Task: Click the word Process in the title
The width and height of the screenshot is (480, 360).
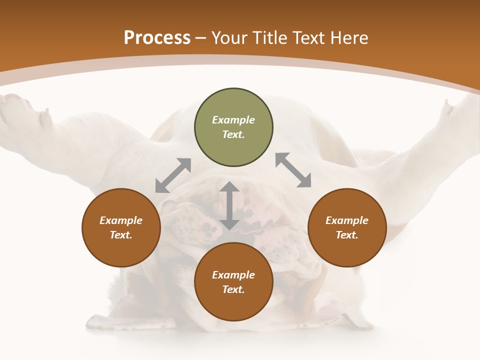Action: click(157, 38)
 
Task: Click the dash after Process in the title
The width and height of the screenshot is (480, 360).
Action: click(201, 39)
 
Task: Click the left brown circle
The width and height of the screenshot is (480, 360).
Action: click(121, 227)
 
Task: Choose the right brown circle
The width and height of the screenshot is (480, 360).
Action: click(347, 227)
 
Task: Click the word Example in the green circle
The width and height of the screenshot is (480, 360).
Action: click(233, 120)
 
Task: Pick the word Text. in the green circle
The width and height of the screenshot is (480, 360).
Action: click(233, 134)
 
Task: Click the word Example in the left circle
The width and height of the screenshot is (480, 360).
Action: click(121, 220)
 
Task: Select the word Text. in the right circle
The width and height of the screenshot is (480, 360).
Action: click(347, 235)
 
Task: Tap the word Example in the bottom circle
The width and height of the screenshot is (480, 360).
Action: click(233, 275)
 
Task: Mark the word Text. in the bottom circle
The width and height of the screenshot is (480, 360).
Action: click(233, 289)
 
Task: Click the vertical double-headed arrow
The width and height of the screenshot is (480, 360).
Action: click(229, 205)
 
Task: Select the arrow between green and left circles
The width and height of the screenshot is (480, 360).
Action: click(173, 175)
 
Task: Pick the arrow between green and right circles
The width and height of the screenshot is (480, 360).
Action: click(293, 170)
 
